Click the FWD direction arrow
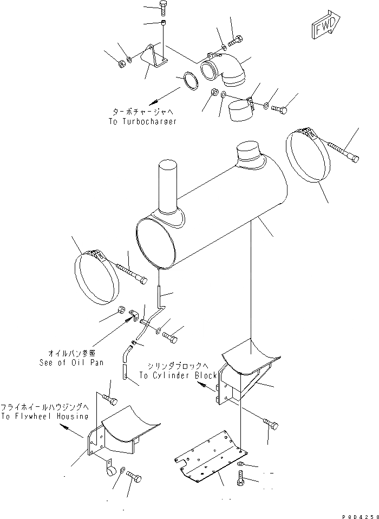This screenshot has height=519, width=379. tap(326, 27)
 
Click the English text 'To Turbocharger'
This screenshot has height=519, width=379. tap(143, 121)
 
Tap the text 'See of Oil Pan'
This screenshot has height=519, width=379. tap(71, 362)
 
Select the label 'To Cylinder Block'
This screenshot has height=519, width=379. tap(178, 375)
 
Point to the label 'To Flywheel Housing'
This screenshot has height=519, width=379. tap(44, 416)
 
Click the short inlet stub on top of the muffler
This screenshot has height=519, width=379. tap(249, 152)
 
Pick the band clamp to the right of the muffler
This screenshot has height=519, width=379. tap(307, 155)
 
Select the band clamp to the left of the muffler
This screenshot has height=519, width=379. tap(96, 277)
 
